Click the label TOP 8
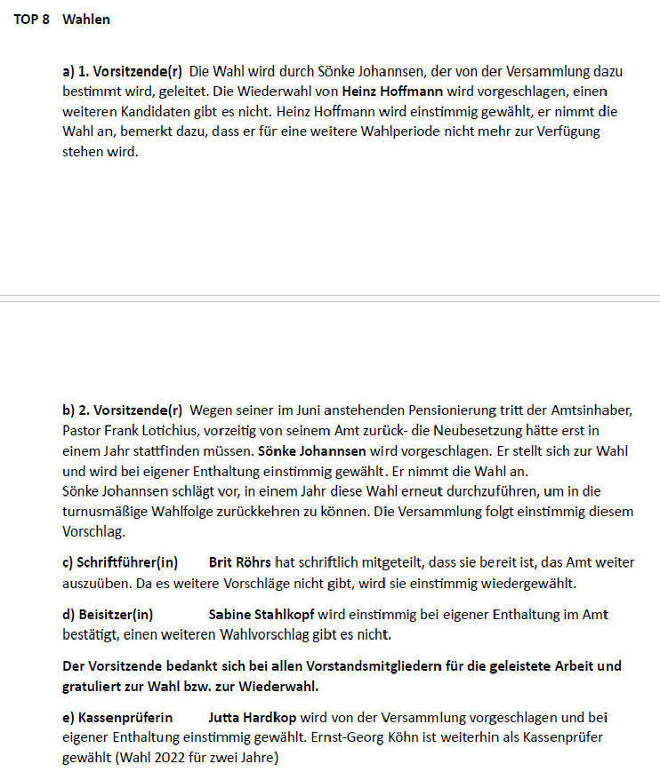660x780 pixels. point(31,19)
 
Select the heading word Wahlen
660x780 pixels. point(86,19)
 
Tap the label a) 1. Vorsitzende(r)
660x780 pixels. point(122,71)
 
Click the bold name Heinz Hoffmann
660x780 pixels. point(390,92)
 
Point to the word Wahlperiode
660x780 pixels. point(412,131)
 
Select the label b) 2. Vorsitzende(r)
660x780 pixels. point(122,410)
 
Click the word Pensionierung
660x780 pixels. point(457,410)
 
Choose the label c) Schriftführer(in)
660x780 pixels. point(120,562)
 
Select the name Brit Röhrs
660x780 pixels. point(240,562)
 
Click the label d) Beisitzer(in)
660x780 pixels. point(108,614)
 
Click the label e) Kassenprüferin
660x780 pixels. point(117,717)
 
